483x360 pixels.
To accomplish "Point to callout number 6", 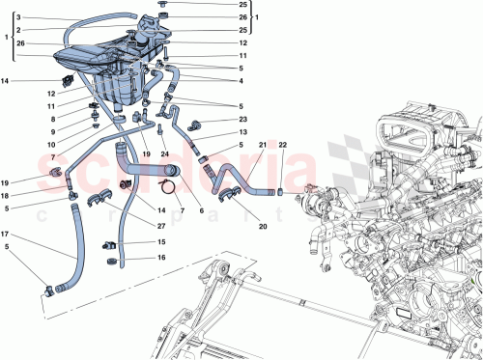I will [200, 211].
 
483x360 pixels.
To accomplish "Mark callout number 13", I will [242, 131].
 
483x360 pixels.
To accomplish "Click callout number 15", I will [161, 243].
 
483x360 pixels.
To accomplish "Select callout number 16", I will [161, 259].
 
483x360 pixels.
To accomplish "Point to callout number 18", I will [6, 194].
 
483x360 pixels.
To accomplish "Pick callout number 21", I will [261, 145].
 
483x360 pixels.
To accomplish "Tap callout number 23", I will [242, 119].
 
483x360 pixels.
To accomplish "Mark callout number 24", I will [166, 153].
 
